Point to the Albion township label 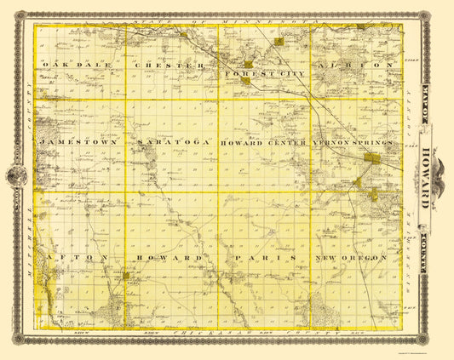pyautogui.click(x=354, y=65)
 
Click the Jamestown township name pyautogui.click(x=77, y=143)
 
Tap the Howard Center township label pyautogui.click(x=263, y=143)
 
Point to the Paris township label pyautogui.click(x=267, y=257)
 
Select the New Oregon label pyautogui.click(x=351, y=257)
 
